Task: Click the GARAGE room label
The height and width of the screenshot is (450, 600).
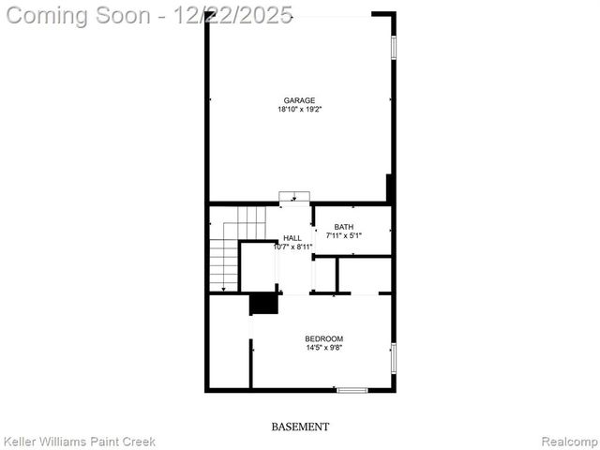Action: (x=300, y=100)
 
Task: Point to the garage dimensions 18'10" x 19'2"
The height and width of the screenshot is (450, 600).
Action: (x=300, y=110)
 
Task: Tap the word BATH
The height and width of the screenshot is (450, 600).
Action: (x=344, y=227)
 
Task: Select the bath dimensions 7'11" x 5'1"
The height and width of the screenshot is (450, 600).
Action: (x=344, y=236)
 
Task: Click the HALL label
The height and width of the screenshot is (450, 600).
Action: (x=292, y=238)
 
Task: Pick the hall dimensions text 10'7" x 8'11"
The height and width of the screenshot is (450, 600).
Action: (x=292, y=247)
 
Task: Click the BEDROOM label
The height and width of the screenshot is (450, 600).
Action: (x=323, y=338)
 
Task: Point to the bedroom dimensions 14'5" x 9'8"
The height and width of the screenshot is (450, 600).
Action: (x=323, y=348)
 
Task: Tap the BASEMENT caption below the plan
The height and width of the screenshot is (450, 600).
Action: (x=300, y=427)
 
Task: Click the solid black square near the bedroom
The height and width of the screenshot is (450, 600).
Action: (x=263, y=304)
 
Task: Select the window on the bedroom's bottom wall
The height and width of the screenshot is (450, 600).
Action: (x=352, y=390)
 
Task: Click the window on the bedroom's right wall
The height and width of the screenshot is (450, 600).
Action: (x=393, y=357)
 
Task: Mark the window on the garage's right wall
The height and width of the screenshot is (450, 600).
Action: (x=393, y=47)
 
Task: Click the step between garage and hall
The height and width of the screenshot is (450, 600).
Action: (x=294, y=196)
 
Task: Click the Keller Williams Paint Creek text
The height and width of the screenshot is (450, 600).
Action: (x=80, y=441)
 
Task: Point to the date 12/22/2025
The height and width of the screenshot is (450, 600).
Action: (x=233, y=15)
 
